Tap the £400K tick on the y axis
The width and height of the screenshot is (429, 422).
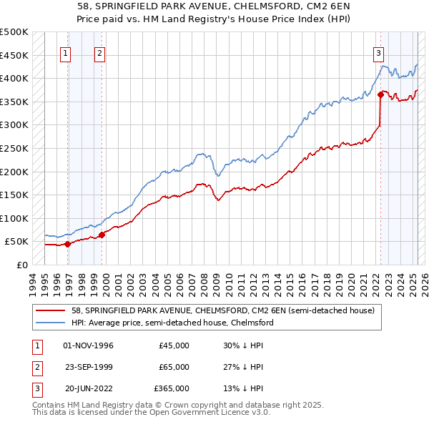point(14,78)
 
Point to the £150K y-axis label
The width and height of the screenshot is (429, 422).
point(14,195)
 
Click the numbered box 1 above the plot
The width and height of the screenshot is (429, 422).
point(65,52)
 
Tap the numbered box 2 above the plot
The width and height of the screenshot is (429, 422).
point(99,52)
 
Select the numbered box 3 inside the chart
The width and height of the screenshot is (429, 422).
point(378,52)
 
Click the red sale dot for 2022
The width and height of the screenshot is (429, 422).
point(380,94)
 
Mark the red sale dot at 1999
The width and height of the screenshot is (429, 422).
point(102,234)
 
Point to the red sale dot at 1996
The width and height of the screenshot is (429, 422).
point(67,243)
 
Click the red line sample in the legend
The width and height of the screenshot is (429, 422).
point(51,310)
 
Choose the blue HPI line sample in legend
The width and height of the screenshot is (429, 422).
point(51,323)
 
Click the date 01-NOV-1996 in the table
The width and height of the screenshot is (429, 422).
point(89,345)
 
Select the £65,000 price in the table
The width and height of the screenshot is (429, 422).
point(174,367)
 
